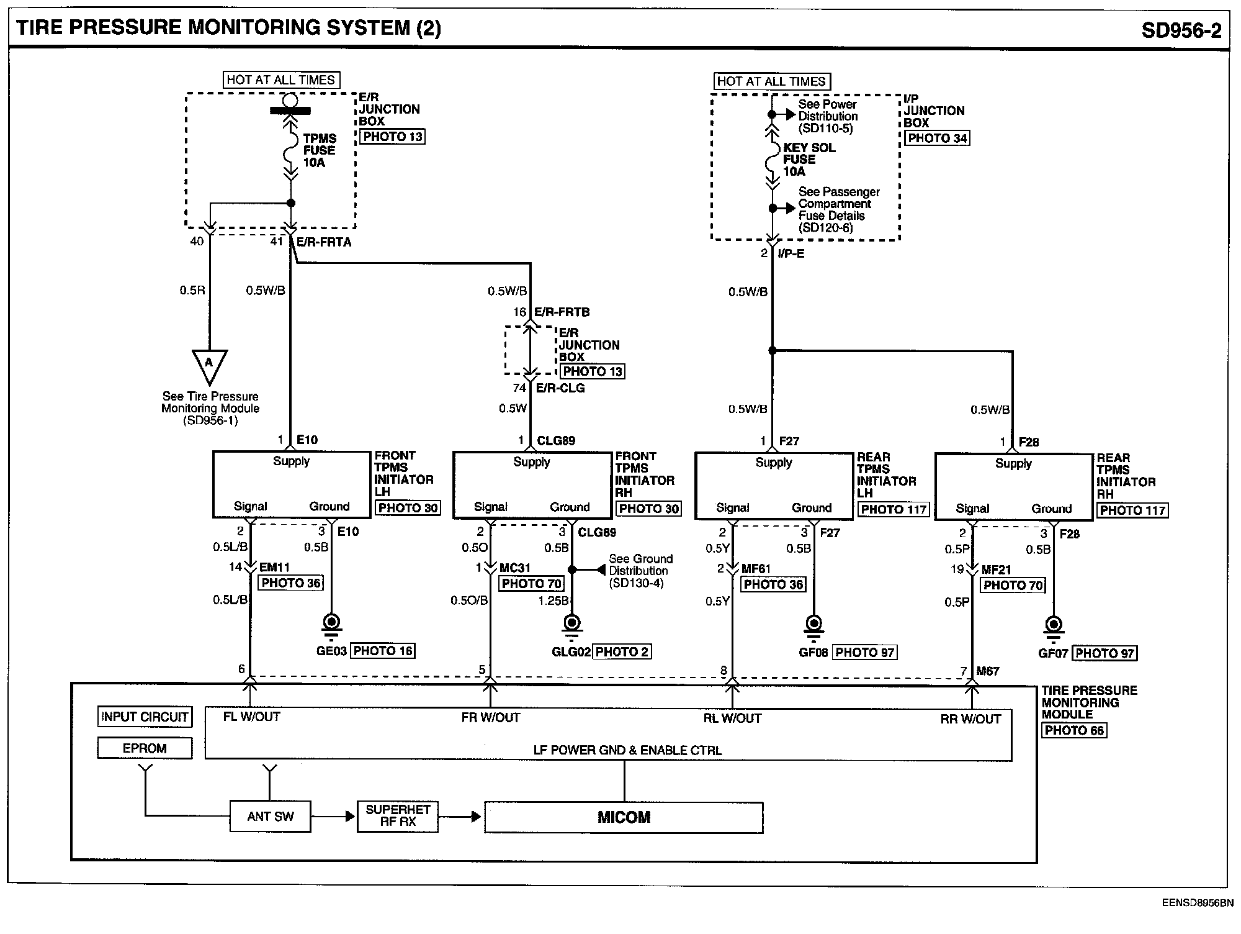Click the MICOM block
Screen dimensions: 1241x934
click(x=624, y=817)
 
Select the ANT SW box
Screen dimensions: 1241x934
click(x=270, y=816)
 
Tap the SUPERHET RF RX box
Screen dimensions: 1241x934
click(x=398, y=816)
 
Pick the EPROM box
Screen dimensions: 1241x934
click(x=145, y=748)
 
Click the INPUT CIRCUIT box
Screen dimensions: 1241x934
click(x=145, y=717)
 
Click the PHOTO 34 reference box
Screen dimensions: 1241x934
click(x=937, y=138)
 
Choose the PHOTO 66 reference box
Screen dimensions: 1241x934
click(x=1074, y=730)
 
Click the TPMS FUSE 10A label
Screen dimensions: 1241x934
click(x=320, y=150)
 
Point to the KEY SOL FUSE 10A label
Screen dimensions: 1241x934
click(x=809, y=160)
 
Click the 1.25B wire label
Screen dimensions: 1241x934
click(x=553, y=601)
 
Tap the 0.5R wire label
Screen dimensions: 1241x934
click(x=192, y=291)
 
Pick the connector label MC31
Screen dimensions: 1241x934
click(x=514, y=568)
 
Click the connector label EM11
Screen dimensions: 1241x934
click(x=274, y=567)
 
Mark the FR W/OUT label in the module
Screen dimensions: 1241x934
click(x=491, y=718)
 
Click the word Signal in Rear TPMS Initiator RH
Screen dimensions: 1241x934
click(x=972, y=509)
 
